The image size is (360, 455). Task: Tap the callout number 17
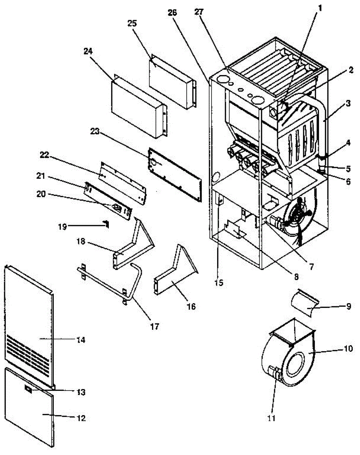pos(154,326)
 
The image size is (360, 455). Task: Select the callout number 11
pos(271,419)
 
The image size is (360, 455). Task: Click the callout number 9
pos(348,306)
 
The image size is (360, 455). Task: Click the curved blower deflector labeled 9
pos(303,303)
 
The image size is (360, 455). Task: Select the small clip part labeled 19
pos(106,225)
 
